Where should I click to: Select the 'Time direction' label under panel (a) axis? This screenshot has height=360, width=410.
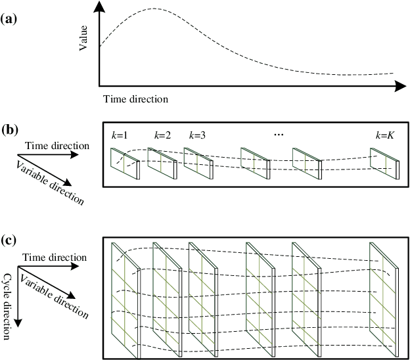(135, 99)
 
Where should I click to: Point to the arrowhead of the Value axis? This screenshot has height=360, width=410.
(99, 6)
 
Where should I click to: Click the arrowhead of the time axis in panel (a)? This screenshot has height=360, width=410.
(402, 86)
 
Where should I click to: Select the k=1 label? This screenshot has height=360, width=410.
(119, 136)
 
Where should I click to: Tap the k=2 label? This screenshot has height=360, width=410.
(162, 136)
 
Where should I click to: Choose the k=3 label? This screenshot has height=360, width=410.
(198, 136)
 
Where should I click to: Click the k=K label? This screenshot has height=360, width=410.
(384, 136)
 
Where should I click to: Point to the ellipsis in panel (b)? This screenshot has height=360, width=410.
(278, 135)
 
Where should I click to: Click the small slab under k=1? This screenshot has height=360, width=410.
(124, 163)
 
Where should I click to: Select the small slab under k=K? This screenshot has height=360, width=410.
(385, 164)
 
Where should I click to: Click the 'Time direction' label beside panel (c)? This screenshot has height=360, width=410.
(54, 258)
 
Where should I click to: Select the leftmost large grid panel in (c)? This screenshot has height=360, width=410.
(125, 299)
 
